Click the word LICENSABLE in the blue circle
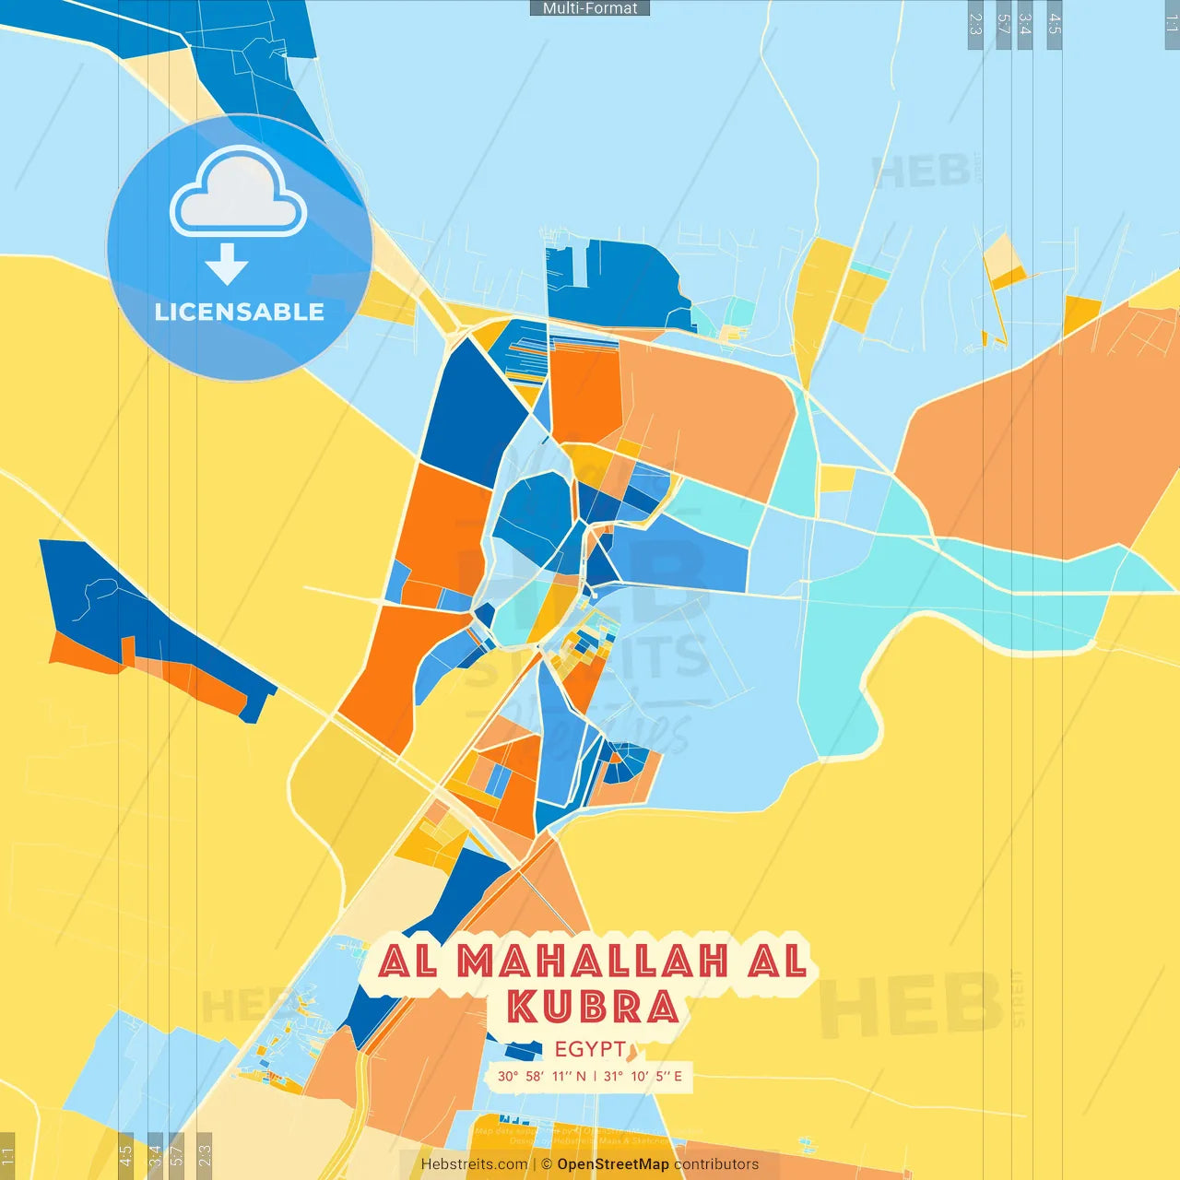(239, 312)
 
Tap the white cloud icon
(239, 193)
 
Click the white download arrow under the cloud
(227, 265)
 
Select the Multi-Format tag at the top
(590, 8)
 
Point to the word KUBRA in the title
(594, 1007)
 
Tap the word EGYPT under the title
(590, 1049)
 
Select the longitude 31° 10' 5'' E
(643, 1076)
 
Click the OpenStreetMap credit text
(613, 1164)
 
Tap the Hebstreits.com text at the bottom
(474, 1164)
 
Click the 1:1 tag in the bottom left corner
(8, 1156)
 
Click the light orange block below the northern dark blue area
(705, 415)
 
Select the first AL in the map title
(407, 962)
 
